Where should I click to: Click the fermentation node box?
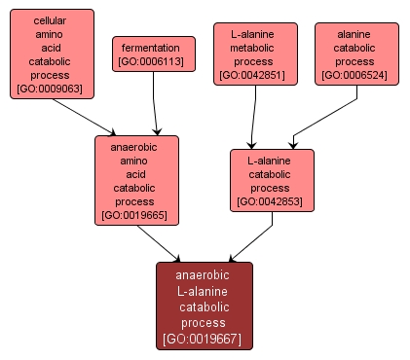[150, 54]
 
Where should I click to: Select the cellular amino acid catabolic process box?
[50, 54]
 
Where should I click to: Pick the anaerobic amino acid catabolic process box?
[136, 180]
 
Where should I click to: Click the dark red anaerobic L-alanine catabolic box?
[204, 306]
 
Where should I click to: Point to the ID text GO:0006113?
[150, 62]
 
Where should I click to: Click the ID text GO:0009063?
[50, 90]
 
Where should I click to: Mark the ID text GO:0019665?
[136, 215]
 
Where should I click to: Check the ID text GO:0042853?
[272, 201]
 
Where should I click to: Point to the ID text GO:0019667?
[204, 340]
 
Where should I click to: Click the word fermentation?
[150, 47]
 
